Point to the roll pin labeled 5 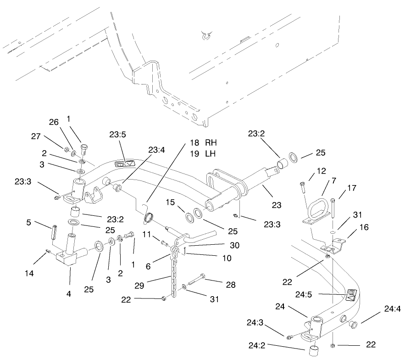[x=53, y=231]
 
